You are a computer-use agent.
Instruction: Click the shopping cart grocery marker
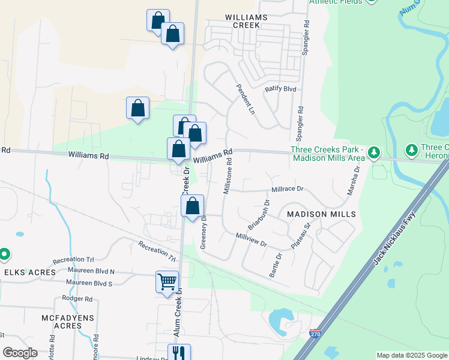point(167,281)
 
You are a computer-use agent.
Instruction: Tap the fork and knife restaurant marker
point(179,353)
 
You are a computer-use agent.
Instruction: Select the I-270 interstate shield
point(316,332)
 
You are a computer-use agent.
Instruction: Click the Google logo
point(20,353)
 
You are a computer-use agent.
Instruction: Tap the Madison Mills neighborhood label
point(321,214)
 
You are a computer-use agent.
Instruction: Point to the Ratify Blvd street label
point(281,89)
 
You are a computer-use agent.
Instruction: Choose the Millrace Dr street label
point(288,188)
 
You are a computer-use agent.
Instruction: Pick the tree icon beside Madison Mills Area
point(374,153)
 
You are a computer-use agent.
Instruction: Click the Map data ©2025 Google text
point(412,355)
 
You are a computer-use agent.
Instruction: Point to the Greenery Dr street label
point(203,232)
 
